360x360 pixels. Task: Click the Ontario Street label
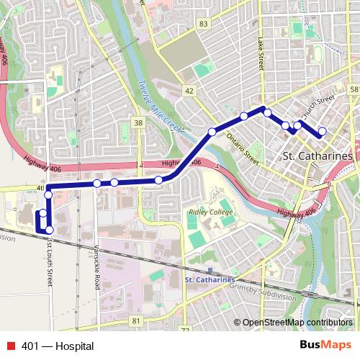click(241, 146)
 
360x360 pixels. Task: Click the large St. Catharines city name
click(318, 156)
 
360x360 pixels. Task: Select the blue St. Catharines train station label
click(209, 279)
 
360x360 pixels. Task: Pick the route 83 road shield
click(204, 24)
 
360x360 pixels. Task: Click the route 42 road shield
click(189, 91)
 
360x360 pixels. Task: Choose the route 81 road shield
click(135, 320)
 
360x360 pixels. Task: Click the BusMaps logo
click(325, 346)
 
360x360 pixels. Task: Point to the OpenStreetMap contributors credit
click(298, 322)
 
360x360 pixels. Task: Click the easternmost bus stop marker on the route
click(322, 131)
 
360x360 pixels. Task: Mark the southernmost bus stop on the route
click(49, 230)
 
